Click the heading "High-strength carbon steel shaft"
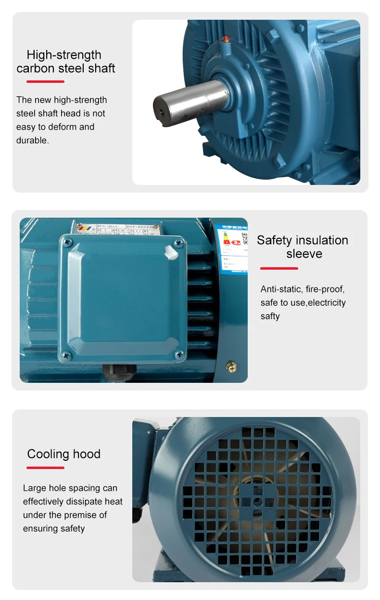65,62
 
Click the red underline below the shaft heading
45,81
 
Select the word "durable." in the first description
33,141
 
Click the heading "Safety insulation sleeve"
303,247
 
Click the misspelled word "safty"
270,316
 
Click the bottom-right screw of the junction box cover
179,354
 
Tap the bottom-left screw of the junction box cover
67,356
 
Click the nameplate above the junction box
126,227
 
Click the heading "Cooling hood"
64,454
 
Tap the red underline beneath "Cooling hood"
45,468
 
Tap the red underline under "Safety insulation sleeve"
279,268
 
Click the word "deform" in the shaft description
62,127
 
